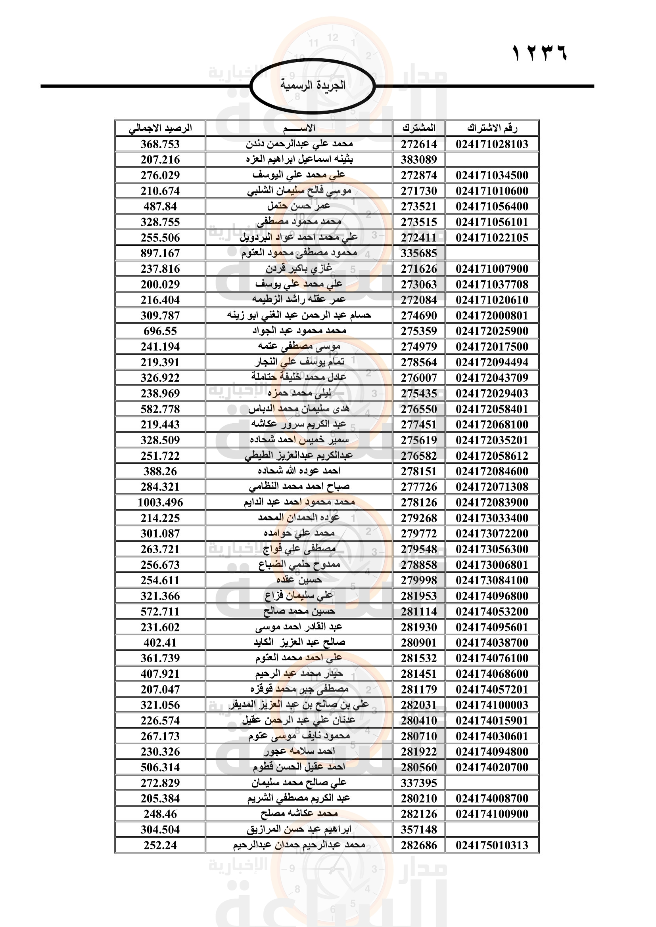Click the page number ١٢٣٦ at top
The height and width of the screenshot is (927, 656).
[x=539, y=52]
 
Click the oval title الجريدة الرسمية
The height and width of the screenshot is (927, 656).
[x=313, y=85]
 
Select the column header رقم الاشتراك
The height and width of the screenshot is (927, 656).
[x=492, y=128]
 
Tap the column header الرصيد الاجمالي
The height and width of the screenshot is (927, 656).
[x=160, y=128]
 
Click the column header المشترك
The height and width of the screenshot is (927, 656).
[x=419, y=128]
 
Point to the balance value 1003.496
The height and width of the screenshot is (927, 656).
[x=160, y=502]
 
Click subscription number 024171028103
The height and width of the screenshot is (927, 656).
[x=492, y=144]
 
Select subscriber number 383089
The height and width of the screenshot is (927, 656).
[x=419, y=159]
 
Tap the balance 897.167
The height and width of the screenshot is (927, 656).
[x=160, y=253]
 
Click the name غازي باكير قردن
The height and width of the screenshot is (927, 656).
[x=299, y=268]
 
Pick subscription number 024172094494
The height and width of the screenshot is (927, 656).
[x=492, y=362]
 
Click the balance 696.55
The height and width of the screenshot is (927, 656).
[x=160, y=331]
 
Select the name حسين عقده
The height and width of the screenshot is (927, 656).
[x=299, y=580]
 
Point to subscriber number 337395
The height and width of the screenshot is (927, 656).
[x=419, y=783]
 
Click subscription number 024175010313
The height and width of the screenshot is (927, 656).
[x=492, y=845]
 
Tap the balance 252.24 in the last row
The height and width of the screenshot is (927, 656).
[x=160, y=845]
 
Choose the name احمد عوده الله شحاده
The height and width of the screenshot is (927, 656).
[x=299, y=471]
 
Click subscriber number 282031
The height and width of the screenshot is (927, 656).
[x=419, y=705]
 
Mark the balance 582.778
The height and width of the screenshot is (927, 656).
[x=160, y=409]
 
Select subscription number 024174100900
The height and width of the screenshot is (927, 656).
[x=492, y=814]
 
